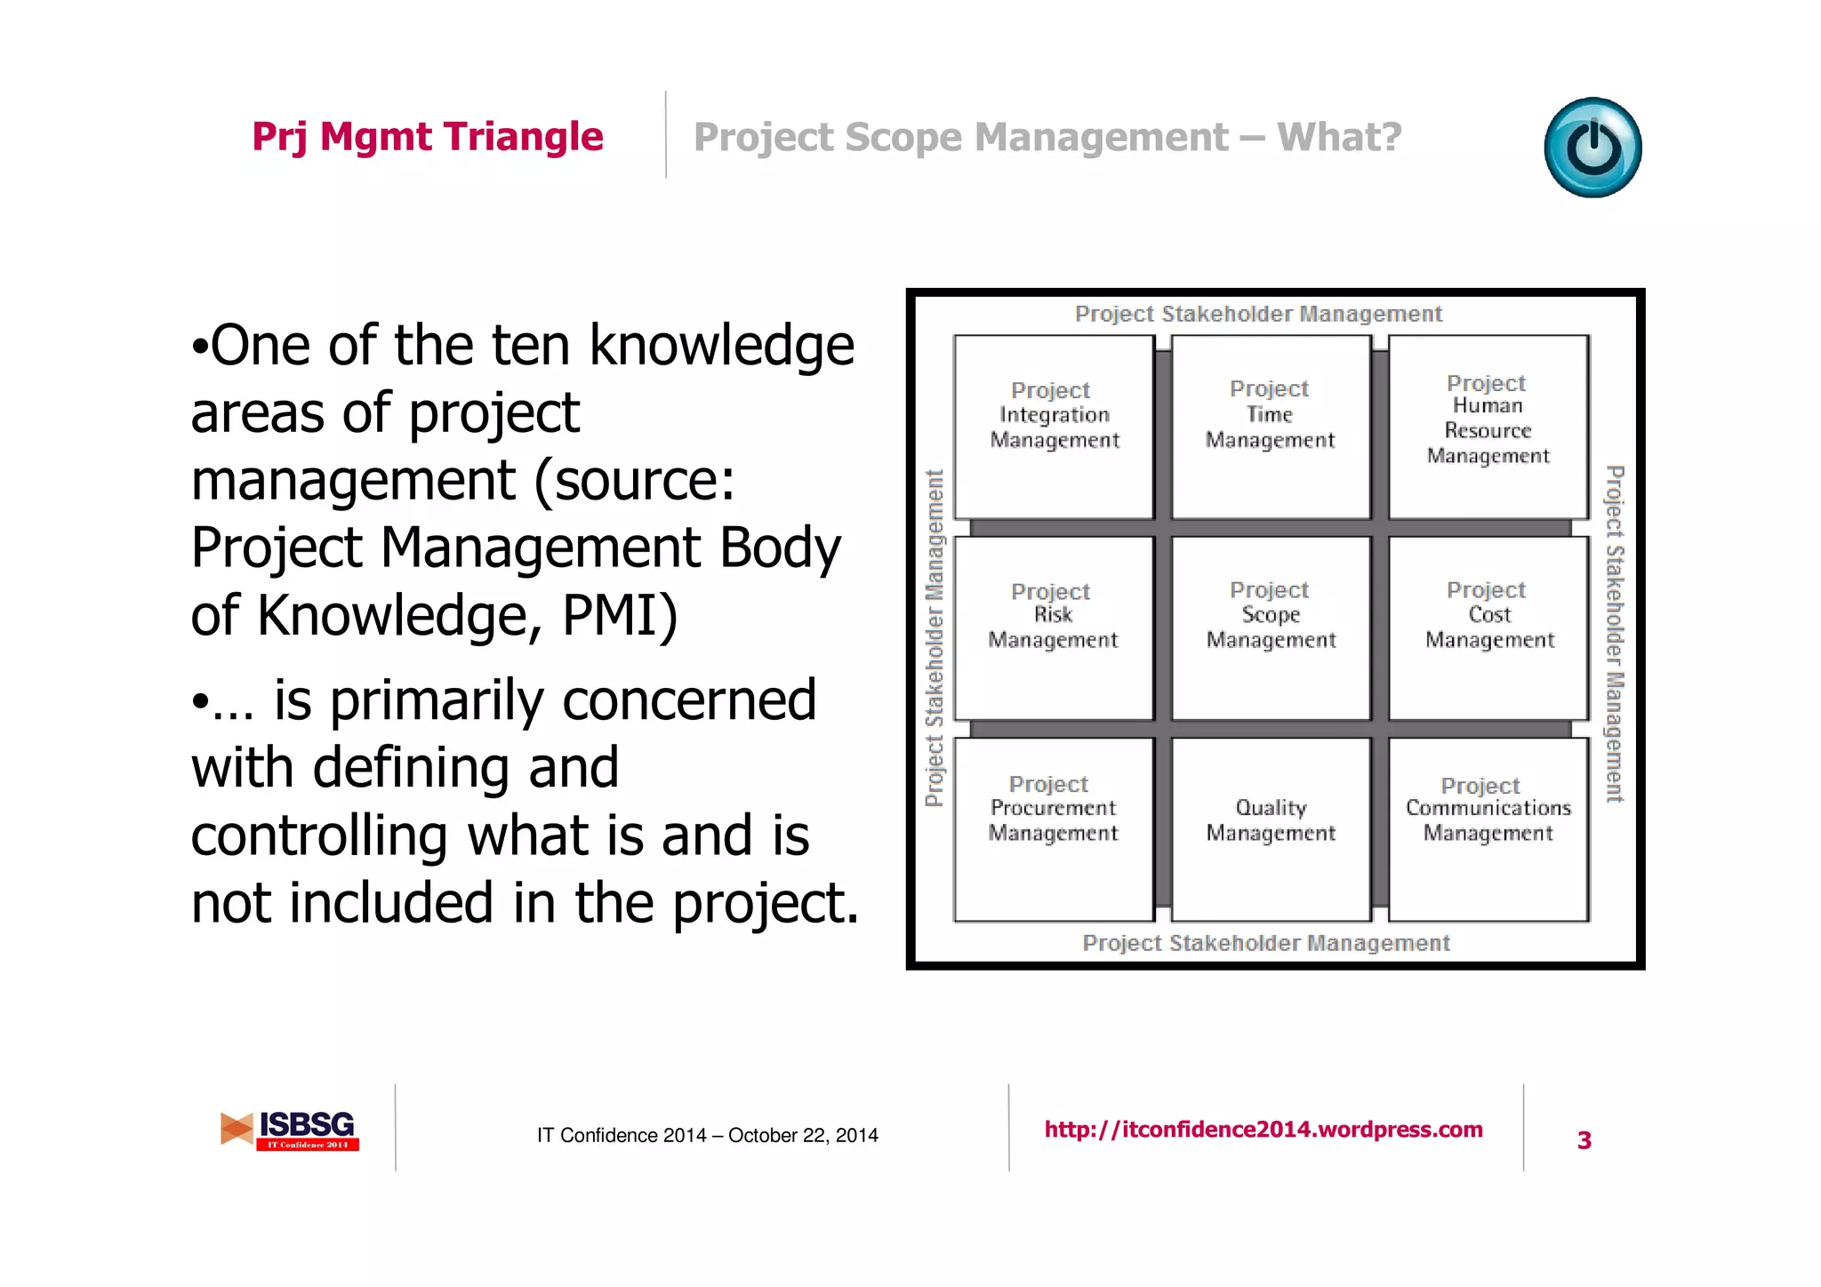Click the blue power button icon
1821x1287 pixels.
tap(1592, 148)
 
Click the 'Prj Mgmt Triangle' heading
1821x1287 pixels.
tap(428, 137)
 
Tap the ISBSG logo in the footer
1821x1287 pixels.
tap(290, 1130)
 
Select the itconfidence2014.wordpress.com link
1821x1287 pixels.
tap(1263, 1130)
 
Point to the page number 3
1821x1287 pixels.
tap(1584, 1140)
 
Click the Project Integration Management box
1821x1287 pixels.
tap(1055, 427)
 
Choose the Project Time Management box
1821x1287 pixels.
tap(1271, 427)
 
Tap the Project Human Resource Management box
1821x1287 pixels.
tap(1488, 427)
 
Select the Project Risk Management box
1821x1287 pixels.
tap(1054, 628)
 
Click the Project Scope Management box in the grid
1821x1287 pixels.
tap(1271, 628)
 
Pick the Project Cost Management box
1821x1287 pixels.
tap(1488, 628)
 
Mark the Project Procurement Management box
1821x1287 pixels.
tap(1054, 828)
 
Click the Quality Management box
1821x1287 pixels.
tap(1271, 828)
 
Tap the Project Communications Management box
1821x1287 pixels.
tap(1488, 828)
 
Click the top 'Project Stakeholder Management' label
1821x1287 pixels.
tap(1258, 314)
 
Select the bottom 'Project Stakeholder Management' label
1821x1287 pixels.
tap(1265, 943)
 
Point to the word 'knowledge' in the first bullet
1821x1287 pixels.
tap(721, 346)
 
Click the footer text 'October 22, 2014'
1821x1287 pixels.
tap(803, 1135)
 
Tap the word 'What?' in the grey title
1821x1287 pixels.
tap(1339, 138)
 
